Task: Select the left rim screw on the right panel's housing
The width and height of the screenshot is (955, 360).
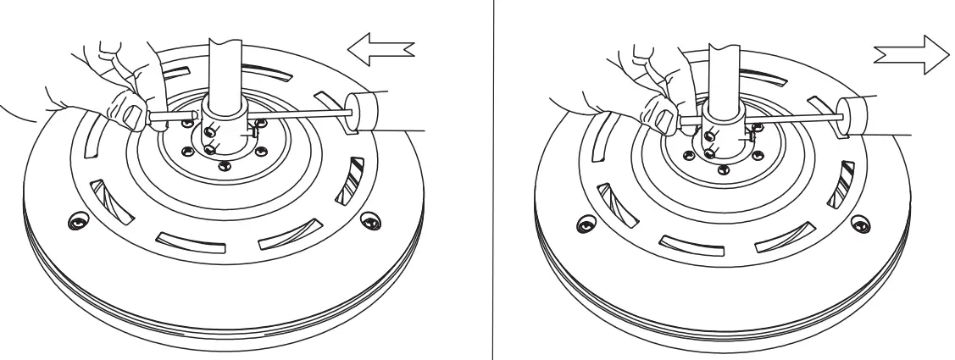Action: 581,224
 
